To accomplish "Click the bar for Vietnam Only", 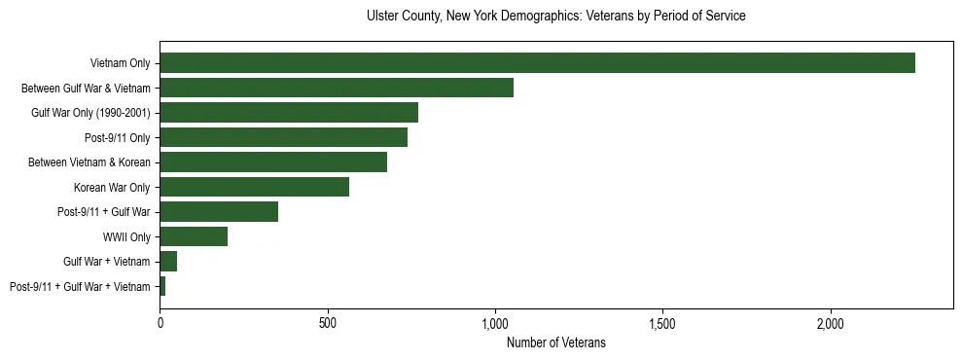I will [537, 63].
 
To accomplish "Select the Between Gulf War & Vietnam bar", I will [337, 88].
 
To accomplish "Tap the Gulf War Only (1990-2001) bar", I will [289, 113].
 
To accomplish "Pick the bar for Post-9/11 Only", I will [283, 137].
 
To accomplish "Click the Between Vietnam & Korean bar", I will [273, 162].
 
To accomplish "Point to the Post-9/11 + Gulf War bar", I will [219, 211].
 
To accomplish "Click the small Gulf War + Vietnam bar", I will [168, 261].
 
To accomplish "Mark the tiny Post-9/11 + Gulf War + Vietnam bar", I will [162, 286].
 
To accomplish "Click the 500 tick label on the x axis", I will [328, 322].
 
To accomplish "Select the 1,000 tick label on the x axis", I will [495, 322].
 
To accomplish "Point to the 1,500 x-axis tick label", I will [662, 322].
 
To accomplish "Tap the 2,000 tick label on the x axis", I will [831, 322].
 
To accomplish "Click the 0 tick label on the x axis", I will [160, 322].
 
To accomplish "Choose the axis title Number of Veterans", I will [555, 342].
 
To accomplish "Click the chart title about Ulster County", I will [555, 17].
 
